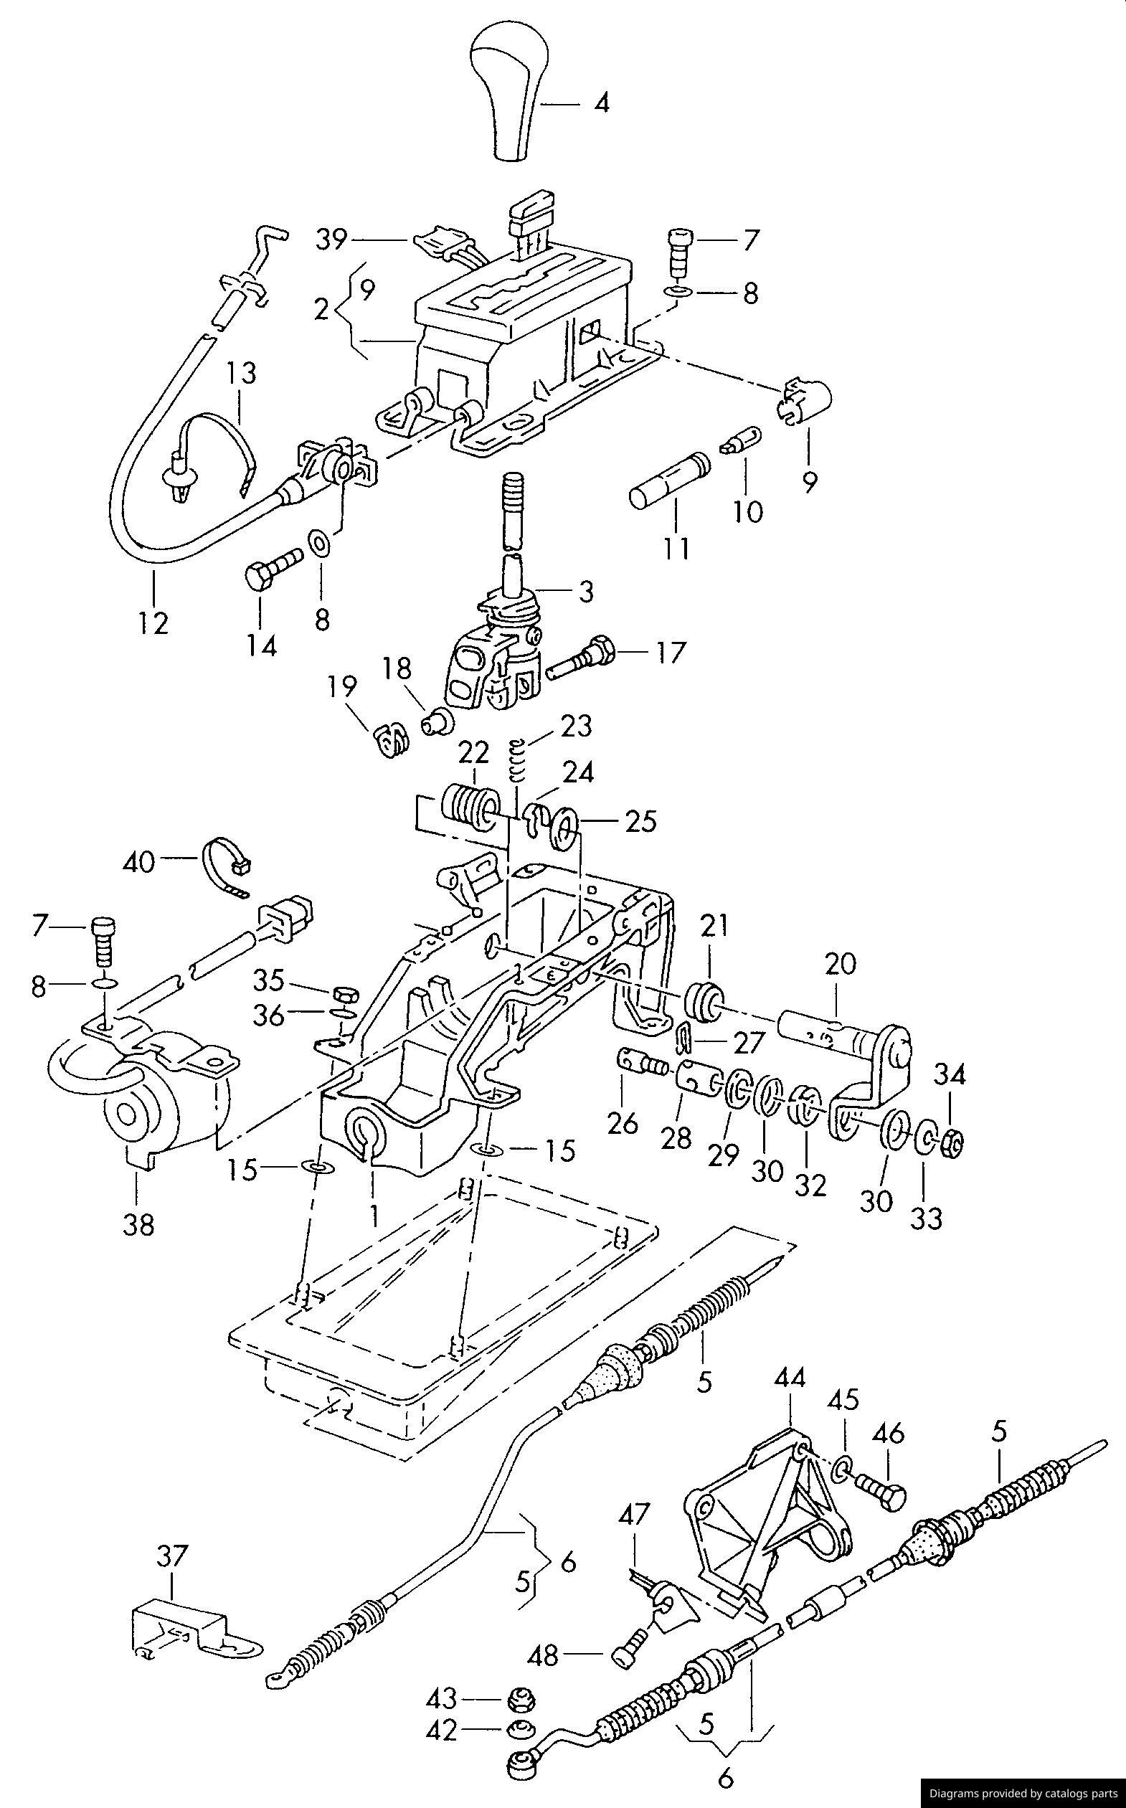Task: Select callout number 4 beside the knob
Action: [x=601, y=103]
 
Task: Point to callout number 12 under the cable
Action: [x=153, y=623]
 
